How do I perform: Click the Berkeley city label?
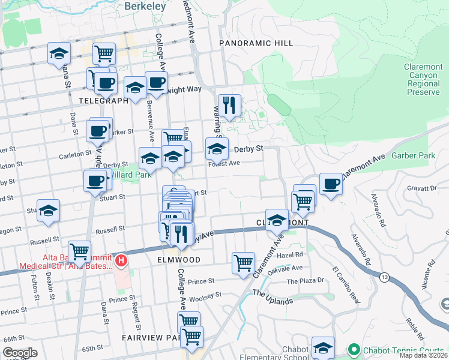pos(145,6)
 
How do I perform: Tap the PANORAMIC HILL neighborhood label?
pos(256,43)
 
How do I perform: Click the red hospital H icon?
pos(121,260)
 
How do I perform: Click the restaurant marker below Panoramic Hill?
pos(229,107)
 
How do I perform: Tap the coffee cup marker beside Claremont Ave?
pos(330,184)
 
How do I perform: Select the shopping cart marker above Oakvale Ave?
pos(243,263)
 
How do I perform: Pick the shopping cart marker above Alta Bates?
pos(79,251)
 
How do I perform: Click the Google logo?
pos(20,353)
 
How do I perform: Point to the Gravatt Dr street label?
pos(421,188)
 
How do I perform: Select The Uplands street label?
pos(273,297)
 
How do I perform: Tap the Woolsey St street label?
pos(205,295)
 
